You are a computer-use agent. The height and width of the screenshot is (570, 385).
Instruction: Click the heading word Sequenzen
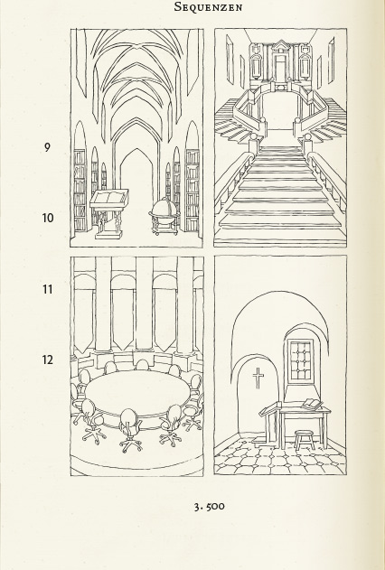(208, 7)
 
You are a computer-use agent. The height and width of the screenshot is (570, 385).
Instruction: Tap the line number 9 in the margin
(47, 147)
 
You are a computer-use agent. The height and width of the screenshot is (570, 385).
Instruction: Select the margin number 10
(48, 218)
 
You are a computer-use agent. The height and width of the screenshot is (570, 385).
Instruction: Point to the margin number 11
(48, 289)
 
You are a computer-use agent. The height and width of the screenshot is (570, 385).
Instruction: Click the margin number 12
(48, 360)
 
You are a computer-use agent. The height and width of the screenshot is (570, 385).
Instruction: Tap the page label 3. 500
(209, 507)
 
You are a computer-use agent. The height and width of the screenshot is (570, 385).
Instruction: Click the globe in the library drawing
(164, 210)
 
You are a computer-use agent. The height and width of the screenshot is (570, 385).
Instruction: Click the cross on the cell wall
(258, 378)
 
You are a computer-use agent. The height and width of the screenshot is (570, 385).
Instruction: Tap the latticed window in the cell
(301, 361)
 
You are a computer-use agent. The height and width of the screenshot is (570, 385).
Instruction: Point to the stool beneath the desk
(304, 440)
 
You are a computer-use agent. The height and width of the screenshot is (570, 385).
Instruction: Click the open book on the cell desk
(312, 404)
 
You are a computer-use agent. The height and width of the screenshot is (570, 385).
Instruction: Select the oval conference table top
(137, 394)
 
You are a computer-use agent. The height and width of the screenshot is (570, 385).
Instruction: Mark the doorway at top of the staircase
(280, 69)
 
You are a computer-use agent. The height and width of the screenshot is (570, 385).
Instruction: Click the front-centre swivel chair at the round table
(130, 430)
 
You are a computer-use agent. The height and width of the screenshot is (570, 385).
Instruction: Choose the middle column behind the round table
(144, 304)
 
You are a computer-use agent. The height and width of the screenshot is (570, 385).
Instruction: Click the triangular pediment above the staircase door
(280, 46)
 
